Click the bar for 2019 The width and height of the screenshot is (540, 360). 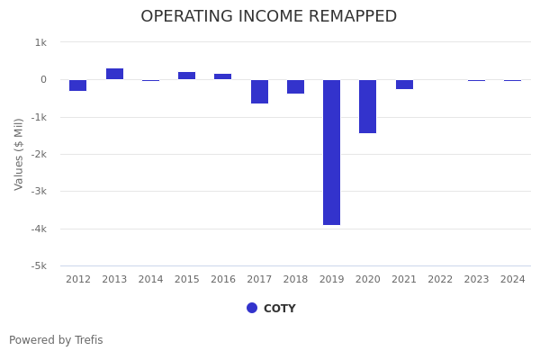tap(331, 152)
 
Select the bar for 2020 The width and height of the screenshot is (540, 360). tap(367, 106)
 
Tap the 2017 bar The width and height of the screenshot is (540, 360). tap(259, 91)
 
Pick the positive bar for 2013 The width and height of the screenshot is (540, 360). tap(114, 74)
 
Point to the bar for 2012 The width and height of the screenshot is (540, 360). tap(78, 85)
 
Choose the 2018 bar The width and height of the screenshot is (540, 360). tap(295, 86)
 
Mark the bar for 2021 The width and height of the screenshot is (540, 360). tap(404, 85)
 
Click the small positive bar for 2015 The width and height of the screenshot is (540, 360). tap(186, 76)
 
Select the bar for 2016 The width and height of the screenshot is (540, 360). tap(222, 76)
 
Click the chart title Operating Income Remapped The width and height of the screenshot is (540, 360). tap(268, 17)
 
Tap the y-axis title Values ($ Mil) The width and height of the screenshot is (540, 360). tap(19, 154)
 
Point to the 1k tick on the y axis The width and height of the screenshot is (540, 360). tap(40, 42)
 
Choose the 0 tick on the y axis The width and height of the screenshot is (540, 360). tap(43, 80)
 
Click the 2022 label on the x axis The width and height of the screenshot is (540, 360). tap(440, 280)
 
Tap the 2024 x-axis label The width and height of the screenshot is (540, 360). tap(512, 280)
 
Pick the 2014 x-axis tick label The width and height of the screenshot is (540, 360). tap(150, 280)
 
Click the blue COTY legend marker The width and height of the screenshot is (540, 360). tap(252, 308)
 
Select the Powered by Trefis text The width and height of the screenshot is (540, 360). tap(56, 340)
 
